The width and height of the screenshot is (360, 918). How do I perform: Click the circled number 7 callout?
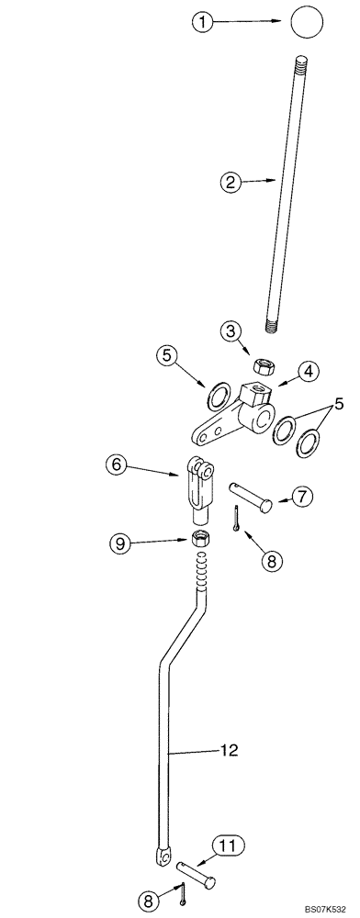(304, 497)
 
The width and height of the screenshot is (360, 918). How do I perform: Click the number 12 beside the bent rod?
(228, 751)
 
